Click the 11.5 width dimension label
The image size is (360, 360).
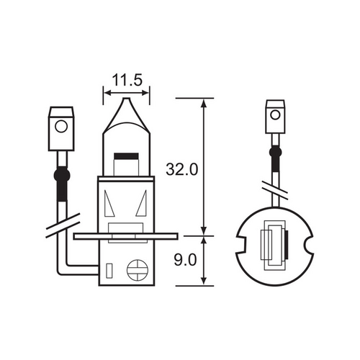[x=127, y=76]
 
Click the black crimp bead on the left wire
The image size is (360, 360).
[x=61, y=175]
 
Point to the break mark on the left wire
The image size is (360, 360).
[x=61, y=222]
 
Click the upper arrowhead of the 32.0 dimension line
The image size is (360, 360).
[x=204, y=103]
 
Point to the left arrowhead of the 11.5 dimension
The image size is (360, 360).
[x=107, y=92]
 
